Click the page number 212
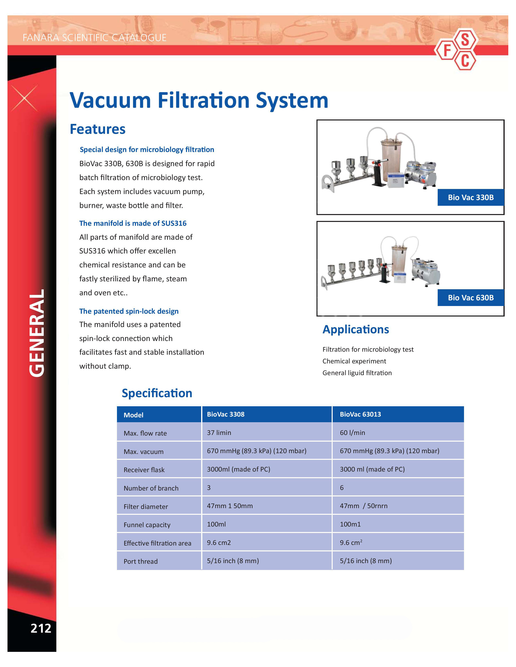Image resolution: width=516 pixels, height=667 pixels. [41, 628]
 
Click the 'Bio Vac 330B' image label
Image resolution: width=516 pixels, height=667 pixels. [471, 197]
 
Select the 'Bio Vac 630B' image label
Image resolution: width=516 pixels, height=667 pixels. [471, 298]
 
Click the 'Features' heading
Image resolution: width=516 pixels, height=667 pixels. [98, 129]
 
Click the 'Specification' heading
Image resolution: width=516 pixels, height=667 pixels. [157, 393]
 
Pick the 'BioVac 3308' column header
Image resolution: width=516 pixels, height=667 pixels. [226, 414]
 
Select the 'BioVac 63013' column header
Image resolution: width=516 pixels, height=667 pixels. [360, 414]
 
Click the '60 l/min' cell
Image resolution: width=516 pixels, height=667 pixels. [352, 433]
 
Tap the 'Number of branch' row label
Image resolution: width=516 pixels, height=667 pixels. [151, 488]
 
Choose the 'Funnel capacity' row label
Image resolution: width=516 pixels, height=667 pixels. [147, 525]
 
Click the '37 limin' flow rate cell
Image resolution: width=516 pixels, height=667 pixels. [219, 433]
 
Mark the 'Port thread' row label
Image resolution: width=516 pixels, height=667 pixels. [141, 561]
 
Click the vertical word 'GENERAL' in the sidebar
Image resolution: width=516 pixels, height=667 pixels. [37, 333]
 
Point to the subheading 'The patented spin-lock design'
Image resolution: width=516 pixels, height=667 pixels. [129, 311]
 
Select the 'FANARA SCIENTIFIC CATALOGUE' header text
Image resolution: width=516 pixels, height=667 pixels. [94, 38]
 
